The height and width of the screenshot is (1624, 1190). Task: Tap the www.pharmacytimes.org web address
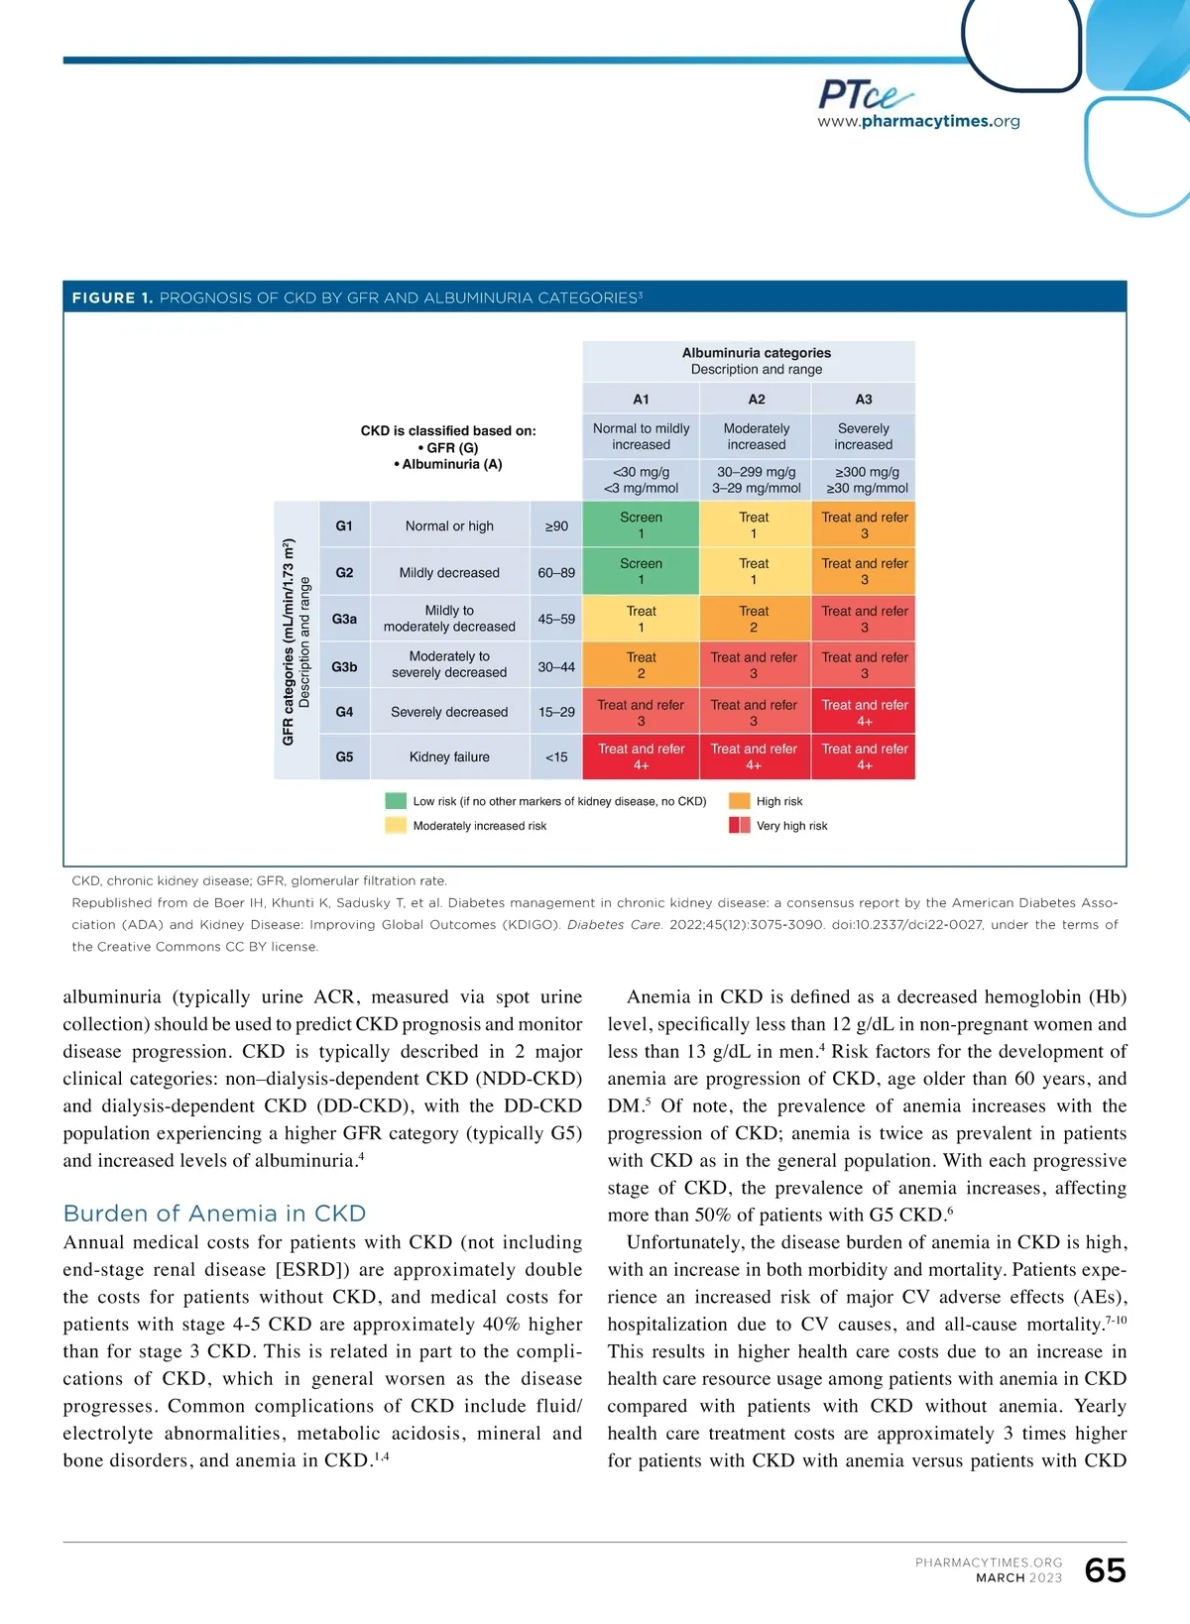918,122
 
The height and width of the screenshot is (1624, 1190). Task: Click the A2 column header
756,399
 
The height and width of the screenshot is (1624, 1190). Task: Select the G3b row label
344,666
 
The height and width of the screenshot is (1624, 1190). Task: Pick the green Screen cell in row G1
641,525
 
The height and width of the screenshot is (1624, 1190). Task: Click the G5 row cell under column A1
641,756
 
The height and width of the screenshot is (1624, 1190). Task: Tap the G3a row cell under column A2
754,619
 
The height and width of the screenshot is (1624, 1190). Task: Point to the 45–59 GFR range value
556,619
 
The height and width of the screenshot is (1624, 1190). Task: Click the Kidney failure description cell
449,756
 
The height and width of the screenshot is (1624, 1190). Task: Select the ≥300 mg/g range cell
864,480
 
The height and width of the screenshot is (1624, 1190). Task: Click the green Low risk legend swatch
396,801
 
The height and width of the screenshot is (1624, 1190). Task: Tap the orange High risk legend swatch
739,801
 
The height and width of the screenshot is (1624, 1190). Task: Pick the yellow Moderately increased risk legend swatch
396,825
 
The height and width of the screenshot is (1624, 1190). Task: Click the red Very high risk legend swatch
739,825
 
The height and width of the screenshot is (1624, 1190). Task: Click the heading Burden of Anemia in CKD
214,1214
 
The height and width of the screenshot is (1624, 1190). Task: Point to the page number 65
1105,1570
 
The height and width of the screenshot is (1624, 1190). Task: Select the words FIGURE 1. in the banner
112,297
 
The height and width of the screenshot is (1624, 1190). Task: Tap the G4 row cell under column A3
864,712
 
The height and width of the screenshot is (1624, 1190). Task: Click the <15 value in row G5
556,756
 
